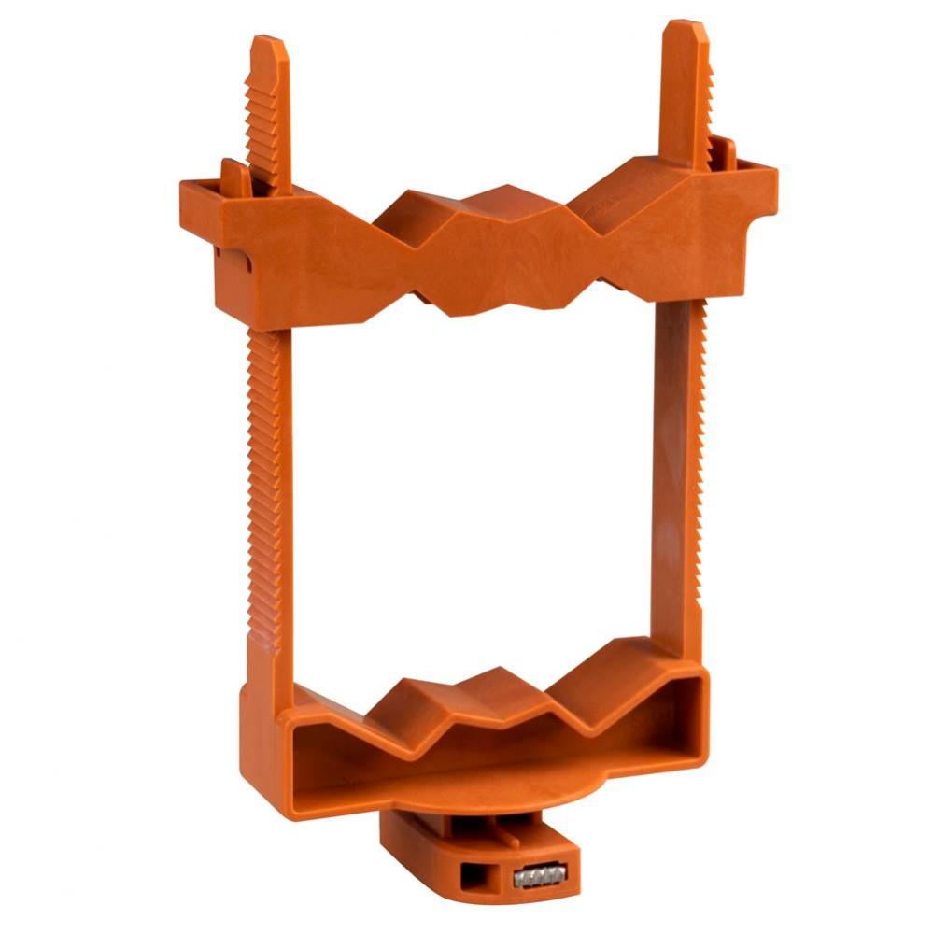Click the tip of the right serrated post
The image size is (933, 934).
tap(686, 28)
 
